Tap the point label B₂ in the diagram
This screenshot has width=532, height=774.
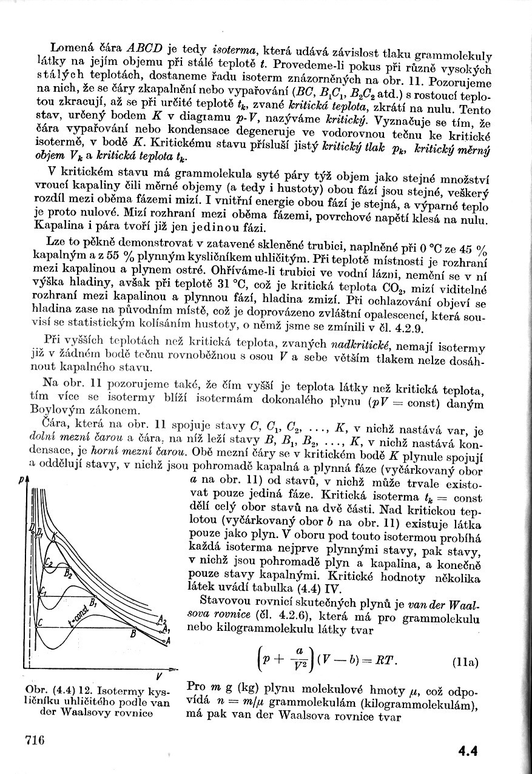69,574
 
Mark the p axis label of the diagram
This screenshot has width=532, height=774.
21,480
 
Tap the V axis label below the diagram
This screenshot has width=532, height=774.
159,676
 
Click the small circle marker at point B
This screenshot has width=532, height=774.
135,627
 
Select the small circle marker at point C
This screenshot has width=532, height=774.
36,627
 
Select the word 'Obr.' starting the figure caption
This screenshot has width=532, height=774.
35,691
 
